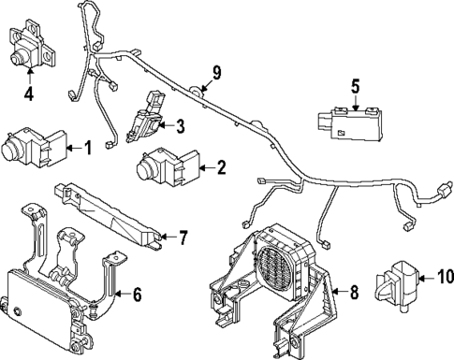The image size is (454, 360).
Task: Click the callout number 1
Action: (88, 146)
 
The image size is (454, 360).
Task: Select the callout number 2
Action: (221, 168)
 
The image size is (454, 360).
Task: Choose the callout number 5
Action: (355, 88)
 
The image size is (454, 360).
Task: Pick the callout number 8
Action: (354, 293)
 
